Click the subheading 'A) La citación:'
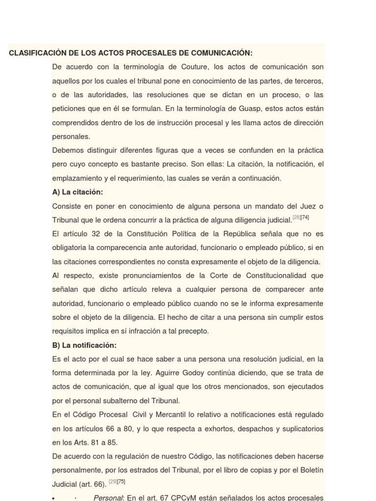coord(77,192)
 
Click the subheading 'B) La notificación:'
coord(84,345)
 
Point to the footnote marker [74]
coord(305,217)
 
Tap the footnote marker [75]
coord(121,481)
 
